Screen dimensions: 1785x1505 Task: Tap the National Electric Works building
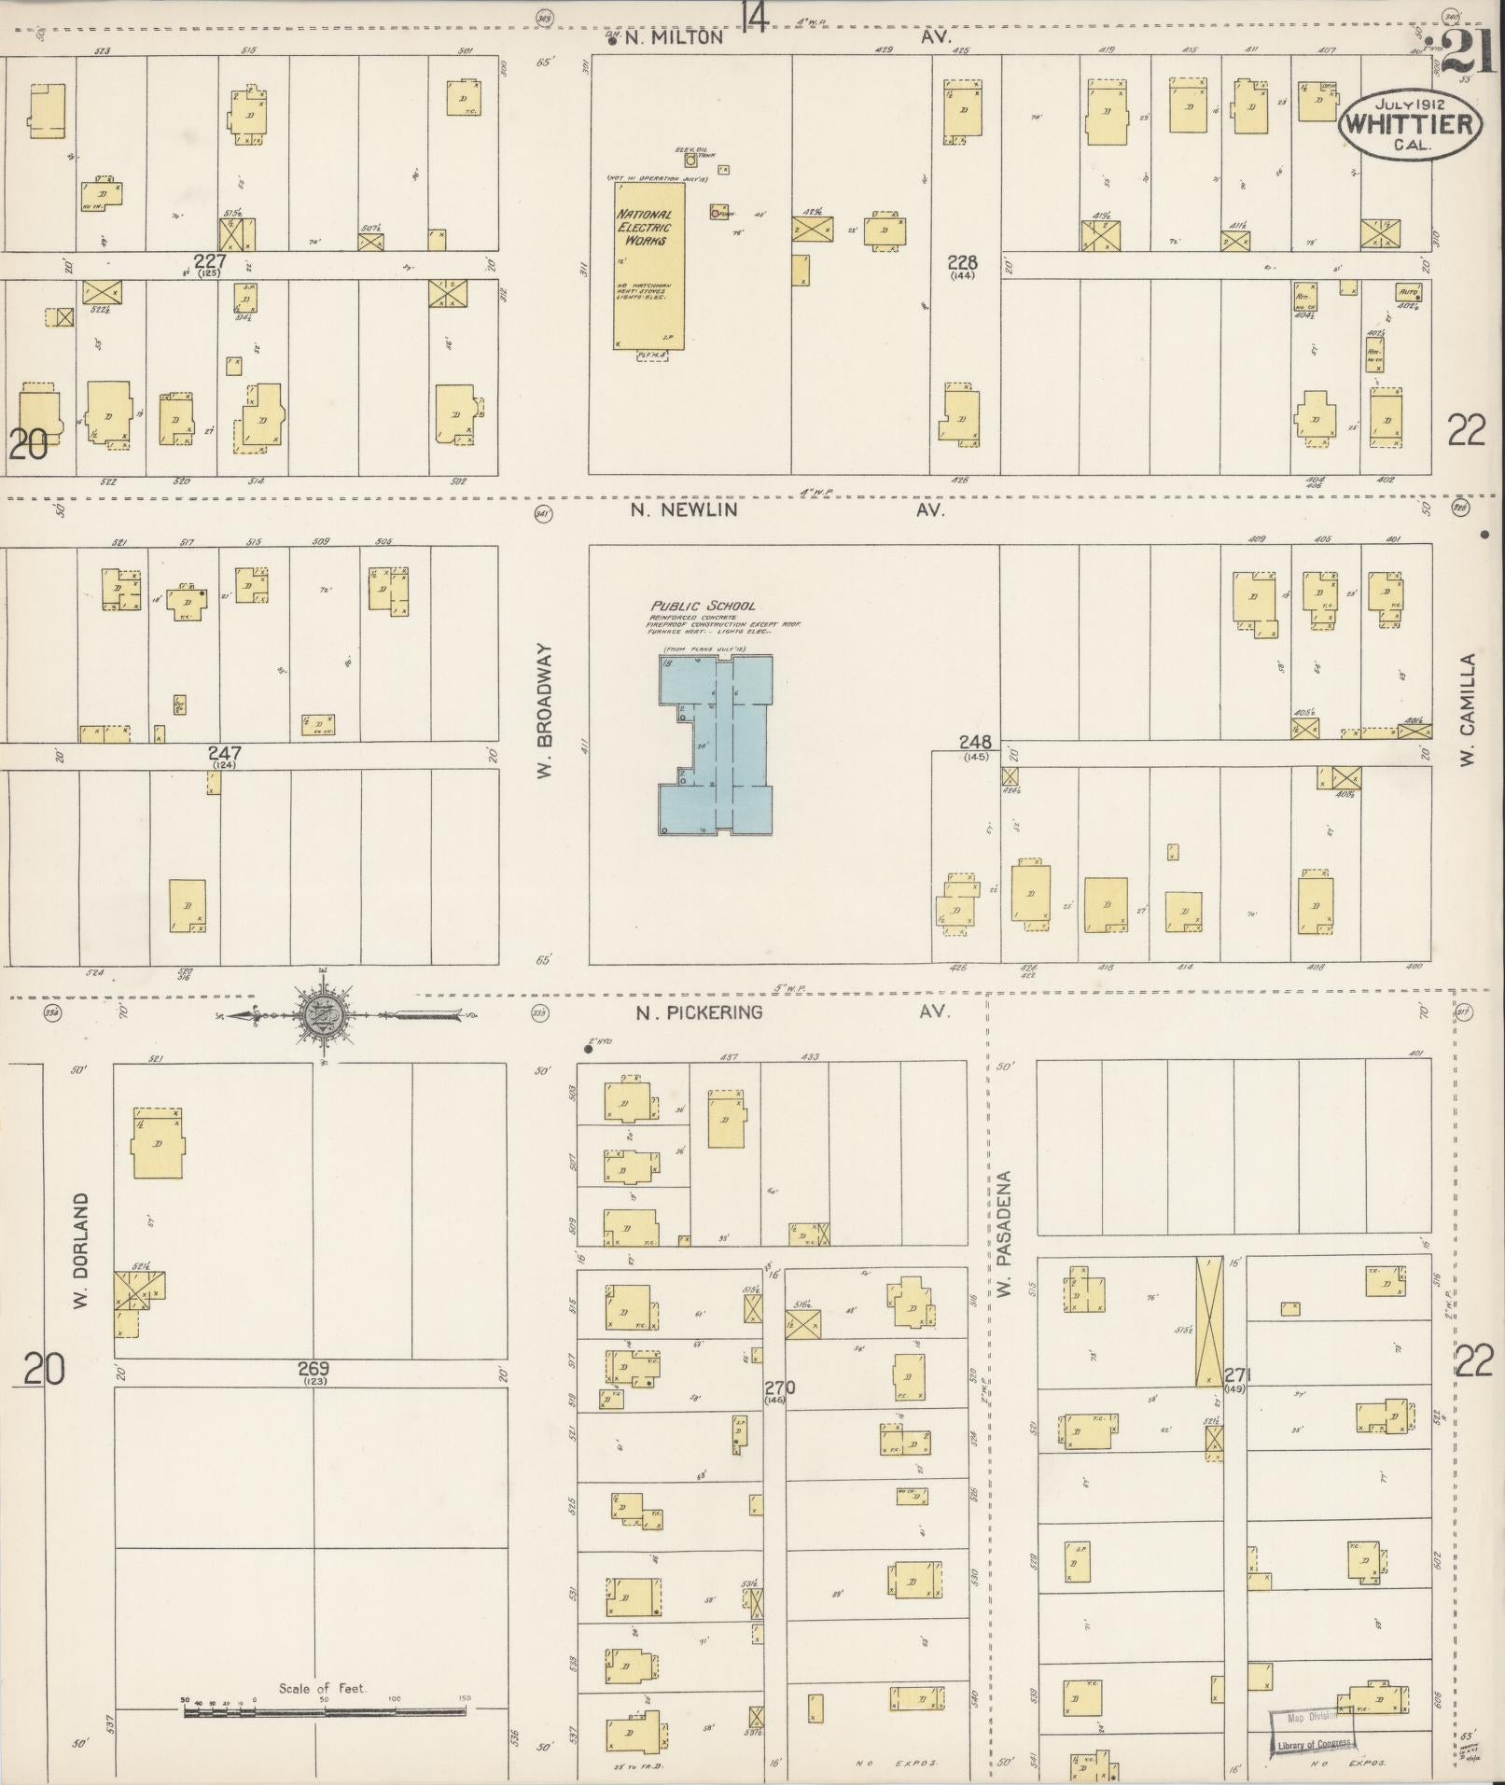[x=649, y=266]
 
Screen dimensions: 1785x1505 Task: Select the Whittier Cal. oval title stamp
[x=1410, y=124]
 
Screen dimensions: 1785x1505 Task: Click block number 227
[x=210, y=261]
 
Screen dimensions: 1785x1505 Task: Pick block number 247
[x=224, y=753]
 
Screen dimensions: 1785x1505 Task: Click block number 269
[x=314, y=1369]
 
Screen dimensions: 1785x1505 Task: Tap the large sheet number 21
[x=1468, y=50]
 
